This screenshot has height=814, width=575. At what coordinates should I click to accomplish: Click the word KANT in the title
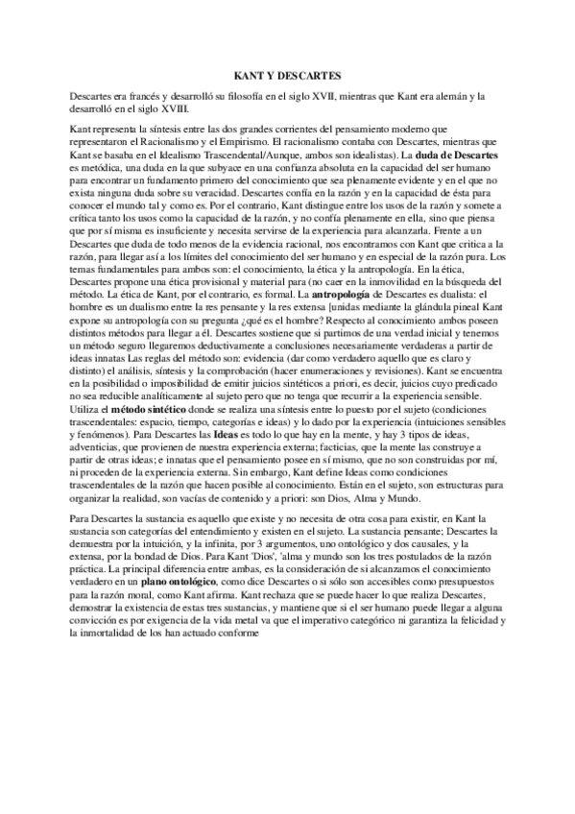(251, 75)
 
